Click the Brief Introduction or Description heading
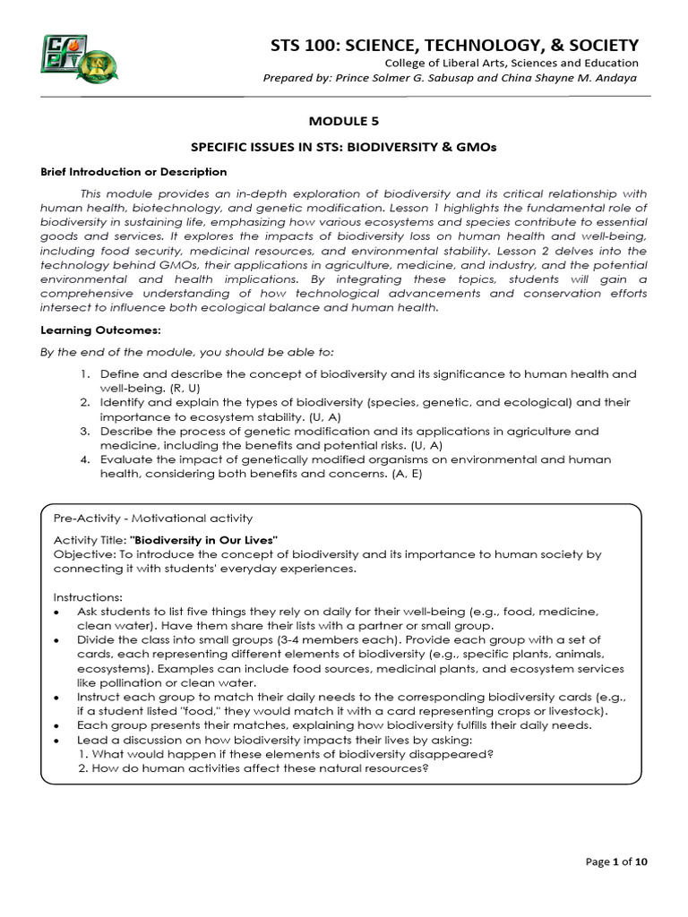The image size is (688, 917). pyautogui.click(x=133, y=171)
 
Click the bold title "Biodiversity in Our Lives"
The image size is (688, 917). pyautogui.click(x=205, y=539)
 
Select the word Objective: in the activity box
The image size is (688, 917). pyautogui.click(x=81, y=554)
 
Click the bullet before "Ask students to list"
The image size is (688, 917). pyautogui.click(x=57, y=611)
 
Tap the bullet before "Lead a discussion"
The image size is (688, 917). pyautogui.click(x=57, y=740)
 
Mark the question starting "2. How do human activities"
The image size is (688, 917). pyautogui.click(x=253, y=768)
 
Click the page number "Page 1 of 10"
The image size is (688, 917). pyautogui.click(x=617, y=861)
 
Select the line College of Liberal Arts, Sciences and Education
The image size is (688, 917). pyautogui.click(x=512, y=63)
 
